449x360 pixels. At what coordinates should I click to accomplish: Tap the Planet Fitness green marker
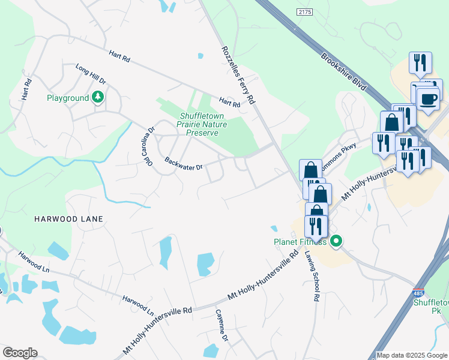point(336,242)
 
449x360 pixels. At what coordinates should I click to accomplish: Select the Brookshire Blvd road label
point(343,73)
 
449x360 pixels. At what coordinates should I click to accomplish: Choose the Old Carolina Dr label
point(148,146)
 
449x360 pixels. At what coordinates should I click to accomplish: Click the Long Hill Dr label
point(90,73)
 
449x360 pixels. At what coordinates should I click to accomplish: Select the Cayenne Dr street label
point(223,326)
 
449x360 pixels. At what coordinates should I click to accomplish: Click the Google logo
point(20,353)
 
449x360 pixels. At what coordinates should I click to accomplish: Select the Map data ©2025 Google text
point(411,355)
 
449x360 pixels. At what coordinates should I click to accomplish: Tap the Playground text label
point(68,98)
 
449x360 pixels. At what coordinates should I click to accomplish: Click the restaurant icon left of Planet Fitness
point(315,226)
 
